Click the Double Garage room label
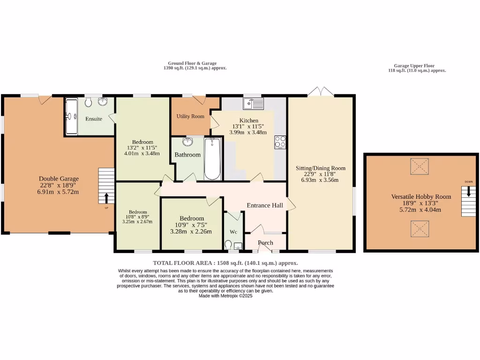(x=59, y=179)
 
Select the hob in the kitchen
(x=280, y=142)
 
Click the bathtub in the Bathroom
(x=212, y=158)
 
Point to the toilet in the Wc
(x=228, y=245)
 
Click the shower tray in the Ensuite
(x=71, y=116)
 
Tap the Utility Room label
(x=190, y=116)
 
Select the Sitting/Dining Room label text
(x=320, y=168)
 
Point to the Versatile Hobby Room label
(x=421, y=196)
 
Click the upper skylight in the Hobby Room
(x=420, y=166)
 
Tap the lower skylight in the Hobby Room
(x=420, y=229)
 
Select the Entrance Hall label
(x=265, y=205)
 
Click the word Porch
(x=265, y=242)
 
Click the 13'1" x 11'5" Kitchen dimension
(x=248, y=126)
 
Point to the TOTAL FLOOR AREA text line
(x=225, y=263)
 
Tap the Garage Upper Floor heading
(x=417, y=66)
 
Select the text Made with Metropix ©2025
(x=225, y=296)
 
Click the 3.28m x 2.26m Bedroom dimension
(x=191, y=231)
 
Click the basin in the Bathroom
(x=188, y=142)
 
